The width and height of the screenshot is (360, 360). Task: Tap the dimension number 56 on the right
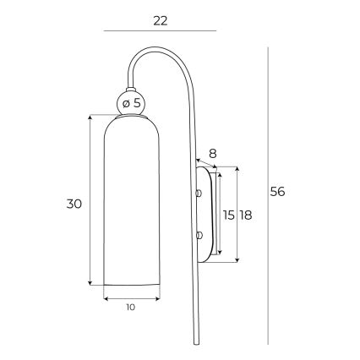tap(278, 192)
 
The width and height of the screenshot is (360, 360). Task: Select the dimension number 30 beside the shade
tap(74, 204)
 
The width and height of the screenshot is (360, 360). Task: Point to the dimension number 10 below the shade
tap(131, 308)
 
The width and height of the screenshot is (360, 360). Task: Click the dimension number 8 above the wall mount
tap(213, 154)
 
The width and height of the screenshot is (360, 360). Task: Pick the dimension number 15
tap(228, 215)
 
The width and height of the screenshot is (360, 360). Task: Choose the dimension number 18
tap(247, 215)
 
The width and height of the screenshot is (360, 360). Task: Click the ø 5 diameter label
tap(132, 103)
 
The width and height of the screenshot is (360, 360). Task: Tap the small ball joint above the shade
tap(132, 103)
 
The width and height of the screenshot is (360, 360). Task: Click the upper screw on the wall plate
tap(199, 194)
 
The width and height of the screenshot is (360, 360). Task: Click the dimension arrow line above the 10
tap(131, 297)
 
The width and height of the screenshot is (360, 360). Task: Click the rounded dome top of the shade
tap(131, 119)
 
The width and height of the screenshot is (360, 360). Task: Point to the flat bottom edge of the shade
tap(131, 284)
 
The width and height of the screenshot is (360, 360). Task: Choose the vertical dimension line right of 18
tap(237, 215)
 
